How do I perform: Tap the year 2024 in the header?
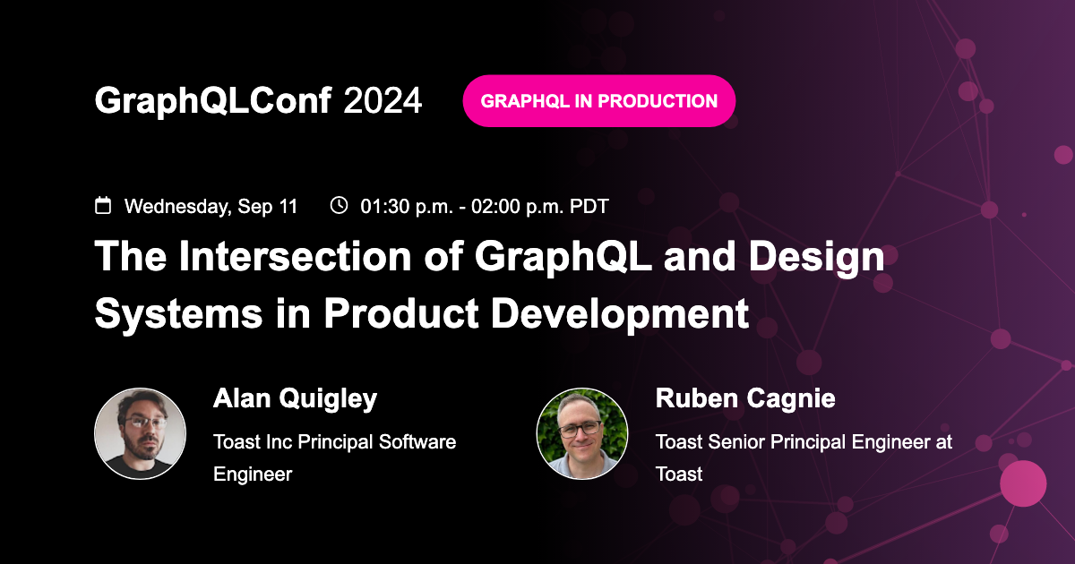click(383, 102)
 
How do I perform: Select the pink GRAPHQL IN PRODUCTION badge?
click(598, 101)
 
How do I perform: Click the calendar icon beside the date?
click(104, 206)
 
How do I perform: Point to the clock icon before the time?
click(339, 206)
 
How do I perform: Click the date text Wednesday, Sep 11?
click(211, 207)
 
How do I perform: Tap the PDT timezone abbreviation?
click(589, 207)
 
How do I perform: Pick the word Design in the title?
click(816, 258)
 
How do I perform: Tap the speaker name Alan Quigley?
click(295, 399)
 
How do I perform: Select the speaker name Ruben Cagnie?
click(745, 399)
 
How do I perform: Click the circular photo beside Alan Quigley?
click(141, 433)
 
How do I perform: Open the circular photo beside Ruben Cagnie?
click(582, 433)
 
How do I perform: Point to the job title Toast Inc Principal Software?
click(334, 442)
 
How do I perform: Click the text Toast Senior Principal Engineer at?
click(803, 442)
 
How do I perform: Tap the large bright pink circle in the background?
click(1022, 483)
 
